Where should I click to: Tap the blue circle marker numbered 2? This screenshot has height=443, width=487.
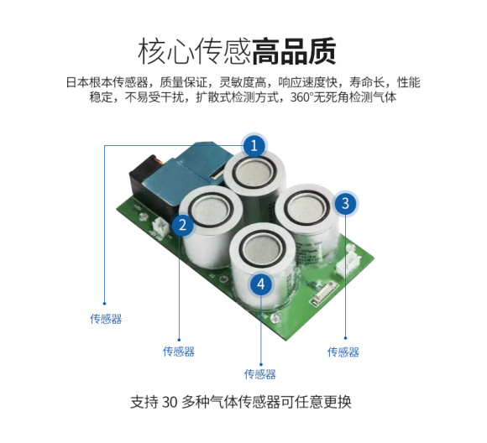[181, 225]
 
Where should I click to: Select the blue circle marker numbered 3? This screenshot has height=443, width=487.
[345, 202]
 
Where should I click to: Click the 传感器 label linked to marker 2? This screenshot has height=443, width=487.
[179, 352]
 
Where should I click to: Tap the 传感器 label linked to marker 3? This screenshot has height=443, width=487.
[343, 352]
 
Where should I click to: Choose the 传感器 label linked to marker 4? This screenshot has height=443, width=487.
[260, 374]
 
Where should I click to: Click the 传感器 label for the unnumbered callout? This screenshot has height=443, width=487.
[106, 319]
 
